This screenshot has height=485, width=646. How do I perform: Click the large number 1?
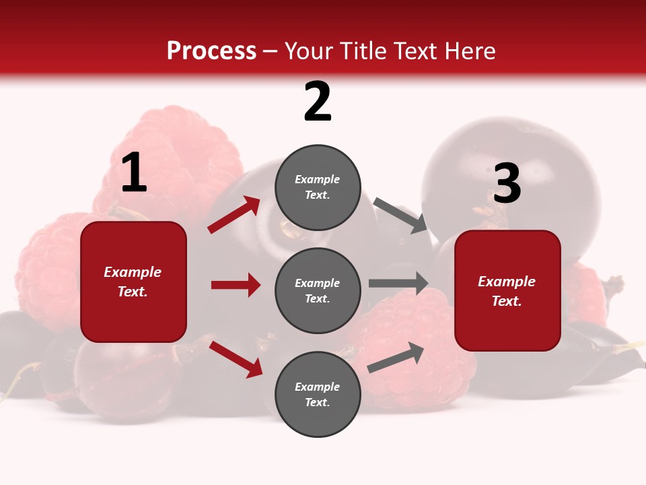[x=134, y=173]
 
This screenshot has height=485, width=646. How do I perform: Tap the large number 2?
[x=318, y=102]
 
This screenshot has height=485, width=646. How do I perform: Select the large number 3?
[x=507, y=183]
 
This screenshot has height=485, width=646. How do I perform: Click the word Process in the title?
[x=211, y=51]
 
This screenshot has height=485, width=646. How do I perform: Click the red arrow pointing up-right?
[x=234, y=215]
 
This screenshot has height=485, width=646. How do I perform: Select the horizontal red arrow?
[x=236, y=285]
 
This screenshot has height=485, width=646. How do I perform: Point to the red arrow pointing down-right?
[x=236, y=359]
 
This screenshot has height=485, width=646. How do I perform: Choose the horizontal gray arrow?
[x=398, y=283]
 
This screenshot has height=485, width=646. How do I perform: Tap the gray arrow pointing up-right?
[x=396, y=357]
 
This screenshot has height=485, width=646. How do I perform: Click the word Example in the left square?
[x=133, y=272]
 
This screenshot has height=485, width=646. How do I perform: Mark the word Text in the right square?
[x=506, y=301]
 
